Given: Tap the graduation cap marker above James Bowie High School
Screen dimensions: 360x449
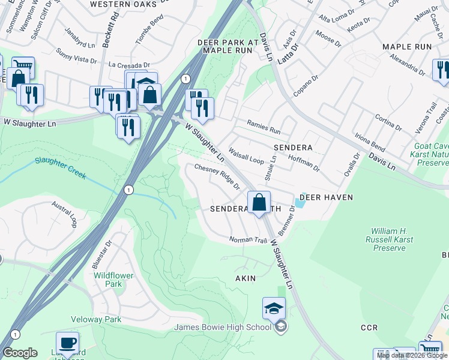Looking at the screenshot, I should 274,309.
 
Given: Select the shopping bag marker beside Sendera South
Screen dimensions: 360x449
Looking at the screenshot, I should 259,203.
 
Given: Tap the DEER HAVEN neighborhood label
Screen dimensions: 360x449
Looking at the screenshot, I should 326,197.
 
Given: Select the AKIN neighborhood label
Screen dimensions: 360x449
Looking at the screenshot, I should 246,278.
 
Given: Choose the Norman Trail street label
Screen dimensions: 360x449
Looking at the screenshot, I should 247,240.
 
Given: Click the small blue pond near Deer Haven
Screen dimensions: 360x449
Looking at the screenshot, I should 300,203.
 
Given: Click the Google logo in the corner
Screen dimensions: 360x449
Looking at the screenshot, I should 20,353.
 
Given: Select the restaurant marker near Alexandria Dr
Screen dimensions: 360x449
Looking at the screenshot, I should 442,70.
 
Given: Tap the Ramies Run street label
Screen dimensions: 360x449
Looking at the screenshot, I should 264,127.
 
